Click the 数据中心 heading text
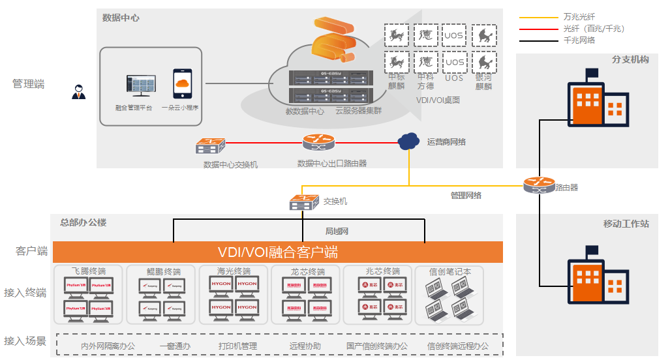pos(121,18)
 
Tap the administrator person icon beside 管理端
pos(79,93)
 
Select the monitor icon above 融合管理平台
pos(141,85)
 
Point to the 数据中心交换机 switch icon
pos(210,145)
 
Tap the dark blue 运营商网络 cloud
pos(408,140)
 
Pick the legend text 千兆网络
pos(579,40)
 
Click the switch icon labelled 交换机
pos(303,203)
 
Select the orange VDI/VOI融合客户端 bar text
pos(277,252)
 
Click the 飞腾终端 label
pos(89,271)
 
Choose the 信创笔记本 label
pos(450,271)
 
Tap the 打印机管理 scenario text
pos(238,346)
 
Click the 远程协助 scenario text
pos(305,346)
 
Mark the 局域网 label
pos(337,232)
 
